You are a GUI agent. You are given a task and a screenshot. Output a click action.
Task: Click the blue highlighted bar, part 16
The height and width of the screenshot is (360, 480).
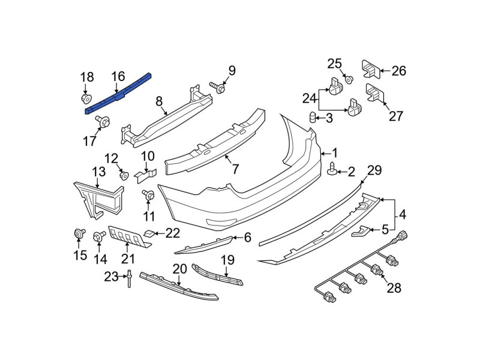(118, 94)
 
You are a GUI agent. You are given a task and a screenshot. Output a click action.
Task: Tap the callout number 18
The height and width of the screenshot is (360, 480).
(87, 77)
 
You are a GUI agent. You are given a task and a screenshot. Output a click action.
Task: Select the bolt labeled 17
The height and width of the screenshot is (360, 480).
(103, 122)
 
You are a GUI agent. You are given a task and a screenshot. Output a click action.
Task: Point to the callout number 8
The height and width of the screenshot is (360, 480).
(159, 101)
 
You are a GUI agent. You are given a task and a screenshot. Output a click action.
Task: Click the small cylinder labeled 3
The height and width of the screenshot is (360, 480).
(312, 117)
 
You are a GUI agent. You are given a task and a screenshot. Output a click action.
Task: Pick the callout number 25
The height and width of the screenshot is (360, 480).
(335, 64)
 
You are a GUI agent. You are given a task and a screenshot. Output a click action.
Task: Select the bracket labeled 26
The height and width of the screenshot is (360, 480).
(371, 69)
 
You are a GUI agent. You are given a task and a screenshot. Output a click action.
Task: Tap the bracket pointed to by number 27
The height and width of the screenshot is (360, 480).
(374, 92)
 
